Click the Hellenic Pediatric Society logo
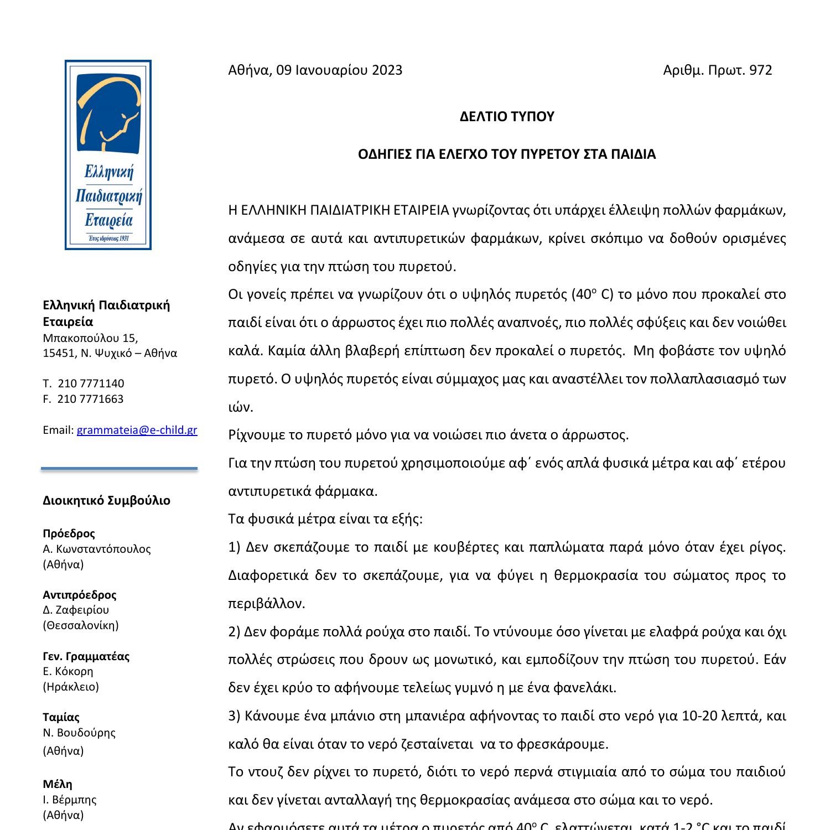pos(108,155)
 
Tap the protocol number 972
pos(760,70)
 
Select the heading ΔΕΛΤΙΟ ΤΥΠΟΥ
pos(506,117)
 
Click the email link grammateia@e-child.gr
pos(137,430)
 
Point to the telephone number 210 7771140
pos(91,383)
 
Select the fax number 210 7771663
pos(90,399)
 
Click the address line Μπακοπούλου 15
pos(90,338)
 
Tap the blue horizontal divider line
pos(119,469)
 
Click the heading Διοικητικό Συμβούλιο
pos(106,501)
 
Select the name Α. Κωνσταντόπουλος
pos(96,549)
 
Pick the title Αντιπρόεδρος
pos(80,595)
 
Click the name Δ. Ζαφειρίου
pos(76,610)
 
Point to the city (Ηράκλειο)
pos(71,687)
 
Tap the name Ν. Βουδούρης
pos(79,733)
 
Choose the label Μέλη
pos(58,784)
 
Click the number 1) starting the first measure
pos(234,547)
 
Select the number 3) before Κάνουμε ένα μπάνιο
pos(234,716)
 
